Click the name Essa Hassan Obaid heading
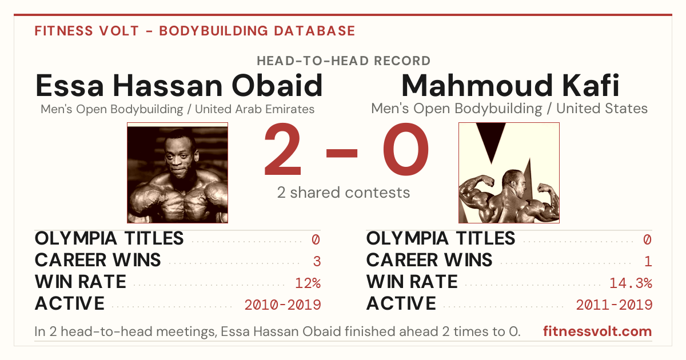click(x=179, y=85)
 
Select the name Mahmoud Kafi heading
click(x=510, y=85)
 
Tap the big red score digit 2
click(x=282, y=149)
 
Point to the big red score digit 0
click(x=406, y=149)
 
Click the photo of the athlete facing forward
click(x=178, y=173)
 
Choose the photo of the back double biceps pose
click(x=509, y=173)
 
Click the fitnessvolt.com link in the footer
click(x=597, y=331)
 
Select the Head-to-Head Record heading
click(x=344, y=61)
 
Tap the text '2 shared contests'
click(x=344, y=193)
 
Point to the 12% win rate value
click(x=308, y=283)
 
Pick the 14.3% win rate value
click(x=631, y=283)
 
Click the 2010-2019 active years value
click(x=282, y=305)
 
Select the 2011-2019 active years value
click(x=615, y=305)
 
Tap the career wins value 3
click(x=317, y=262)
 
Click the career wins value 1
click(x=648, y=262)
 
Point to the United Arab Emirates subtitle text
click(x=255, y=109)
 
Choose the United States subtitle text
click(x=602, y=109)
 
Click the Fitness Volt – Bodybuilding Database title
click(x=195, y=31)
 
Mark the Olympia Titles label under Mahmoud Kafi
click(x=441, y=238)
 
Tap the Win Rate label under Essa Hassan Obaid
click(x=81, y=282)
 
